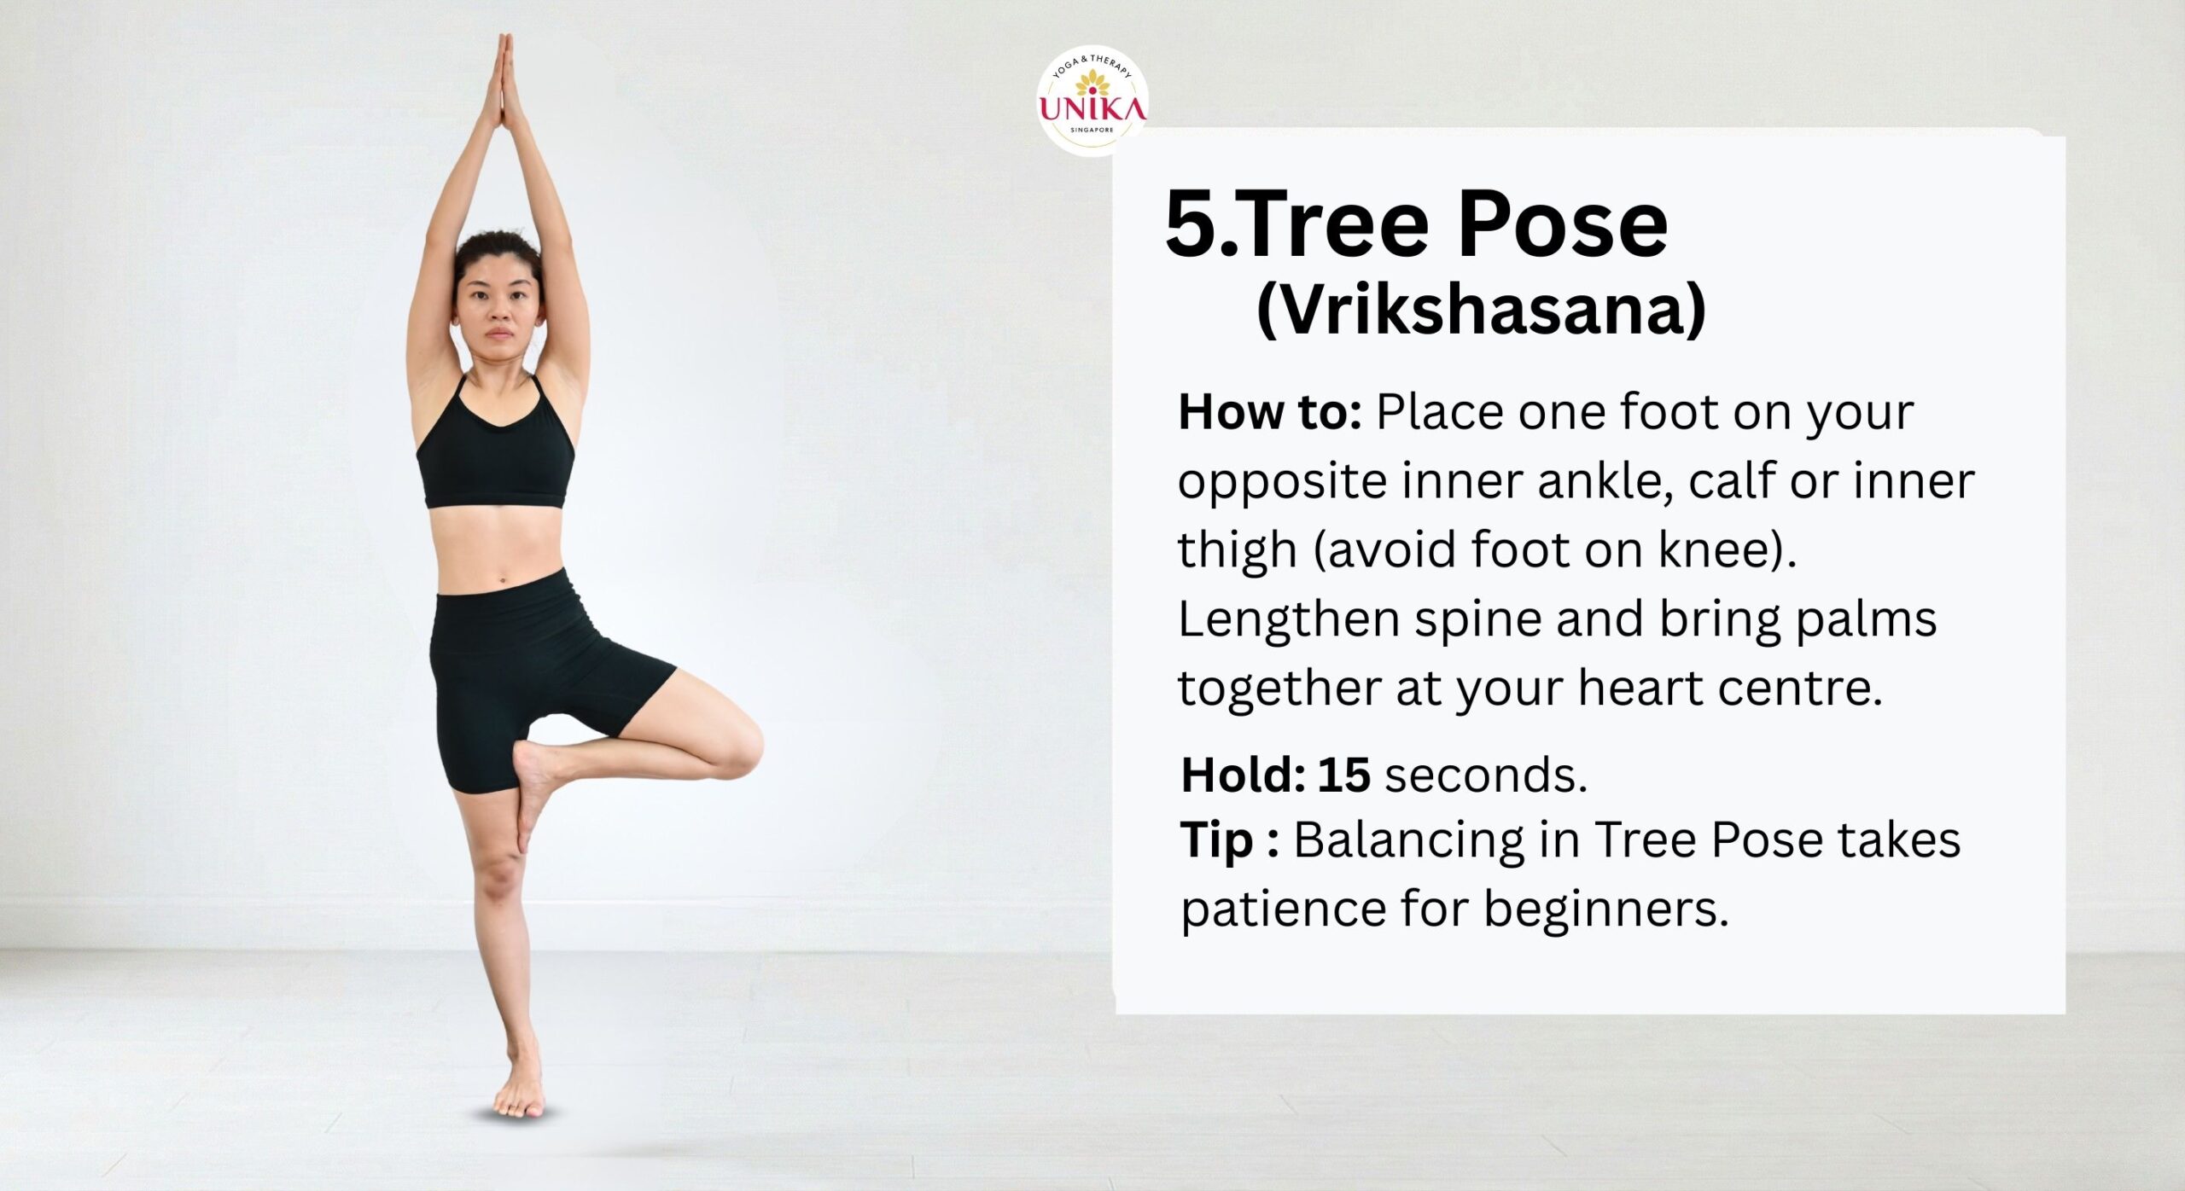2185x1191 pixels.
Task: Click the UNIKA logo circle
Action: [1092, 101]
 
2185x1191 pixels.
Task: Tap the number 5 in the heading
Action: [1192, 224]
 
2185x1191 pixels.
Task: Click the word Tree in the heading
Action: [1335, 224]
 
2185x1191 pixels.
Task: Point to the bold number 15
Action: [1344, 775]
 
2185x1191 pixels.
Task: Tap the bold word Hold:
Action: [1244, 775]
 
